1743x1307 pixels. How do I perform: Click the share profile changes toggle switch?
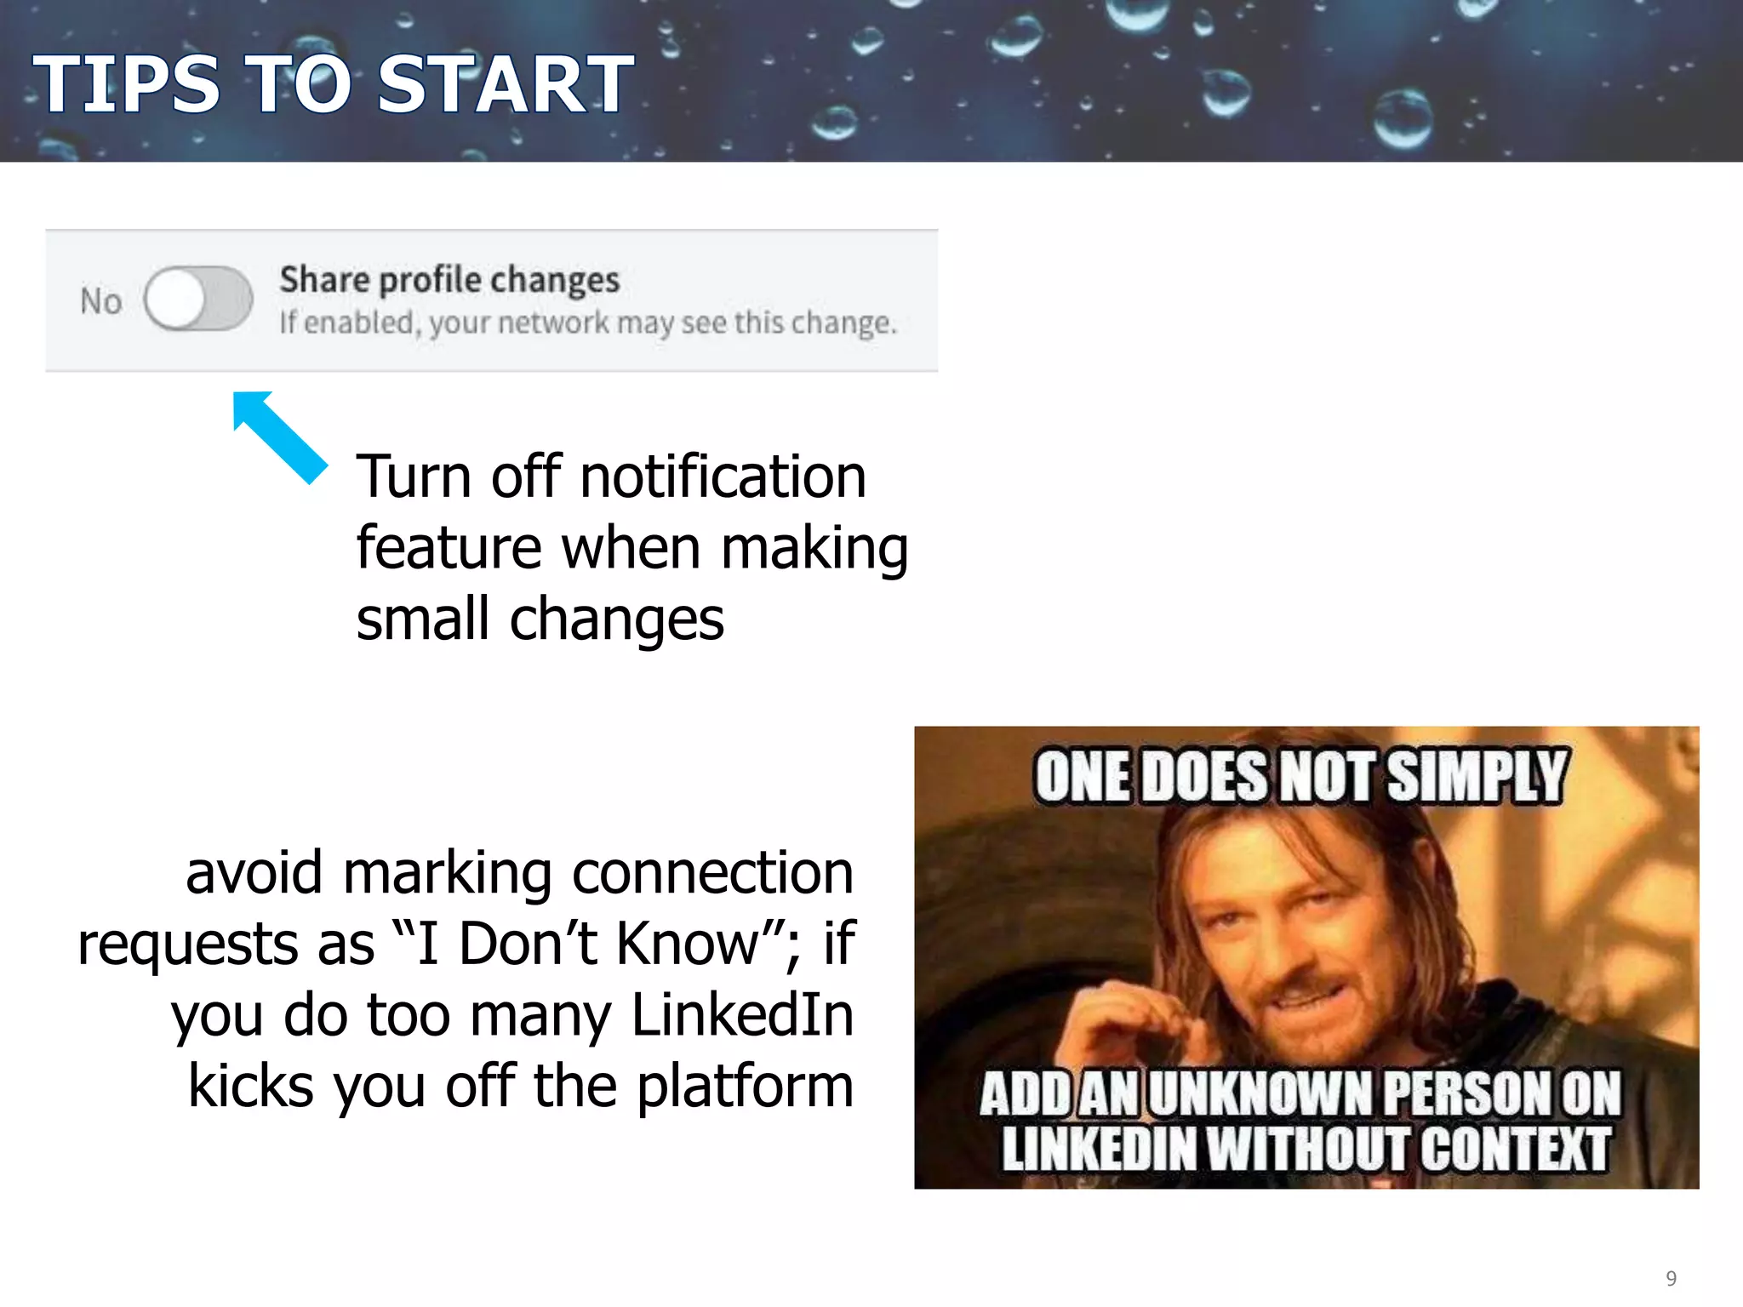click(198, 299)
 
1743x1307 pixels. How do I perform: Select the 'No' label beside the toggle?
click(100, 301)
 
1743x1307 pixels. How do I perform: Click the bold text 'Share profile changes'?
click(449, 280)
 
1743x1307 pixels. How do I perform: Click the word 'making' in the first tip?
click(814, 549)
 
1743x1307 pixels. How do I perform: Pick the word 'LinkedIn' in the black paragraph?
click(742, 1015)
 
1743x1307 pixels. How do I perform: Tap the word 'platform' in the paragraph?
click(745, 1087)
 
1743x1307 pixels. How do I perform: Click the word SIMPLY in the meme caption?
click(1476, 776)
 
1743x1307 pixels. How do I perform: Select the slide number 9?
click(1671, 1278)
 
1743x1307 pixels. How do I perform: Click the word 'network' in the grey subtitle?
click(553, 323)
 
